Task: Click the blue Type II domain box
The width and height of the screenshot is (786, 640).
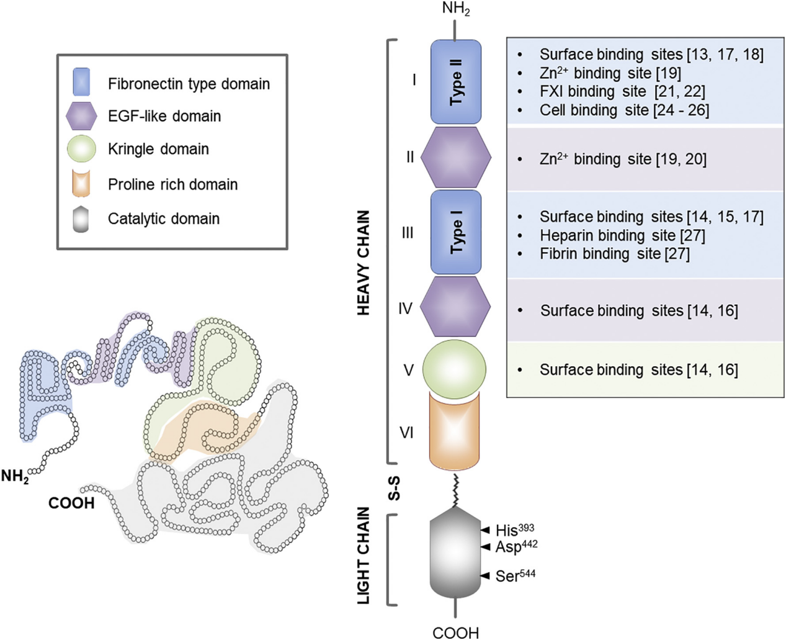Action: click(456, 82)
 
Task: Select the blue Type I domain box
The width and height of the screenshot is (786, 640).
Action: click(456, 232)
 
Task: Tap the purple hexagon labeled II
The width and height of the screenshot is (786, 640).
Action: click(456, 158)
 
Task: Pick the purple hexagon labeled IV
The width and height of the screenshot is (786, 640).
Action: click(456, 307)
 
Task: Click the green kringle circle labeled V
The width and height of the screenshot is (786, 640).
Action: click(454, 369)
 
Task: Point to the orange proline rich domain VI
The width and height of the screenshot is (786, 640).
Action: click(454, 432)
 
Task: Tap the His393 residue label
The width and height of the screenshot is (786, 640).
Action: click(514, 530)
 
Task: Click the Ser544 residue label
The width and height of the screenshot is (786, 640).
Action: click(515, 576)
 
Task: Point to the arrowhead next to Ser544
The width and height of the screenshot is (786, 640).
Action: click(486, 576)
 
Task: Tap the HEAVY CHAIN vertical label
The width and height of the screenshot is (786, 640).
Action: click(364, 262)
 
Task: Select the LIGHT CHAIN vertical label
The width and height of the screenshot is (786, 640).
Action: click(364, 556)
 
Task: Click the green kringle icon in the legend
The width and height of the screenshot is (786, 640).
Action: click(81, 149)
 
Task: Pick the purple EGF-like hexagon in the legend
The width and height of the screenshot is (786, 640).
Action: click(81, 116)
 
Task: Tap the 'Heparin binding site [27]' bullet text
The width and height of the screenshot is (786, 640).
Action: click(622, 235)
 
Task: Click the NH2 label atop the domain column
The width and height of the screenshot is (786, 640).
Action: click(456, 9)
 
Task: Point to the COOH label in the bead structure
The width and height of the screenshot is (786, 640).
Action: click(71, 503)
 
